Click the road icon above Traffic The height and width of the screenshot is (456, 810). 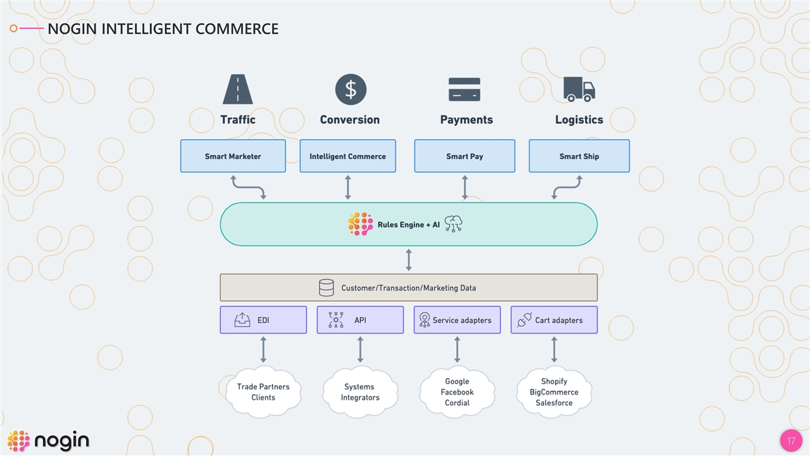[x=238, y=89]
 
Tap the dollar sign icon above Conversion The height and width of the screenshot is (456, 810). [x=351, y=89]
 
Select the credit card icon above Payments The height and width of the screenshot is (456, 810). [x=464, y=89]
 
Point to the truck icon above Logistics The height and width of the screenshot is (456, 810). [x=579, y=89]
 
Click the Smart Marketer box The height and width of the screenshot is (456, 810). [x=233, y=156]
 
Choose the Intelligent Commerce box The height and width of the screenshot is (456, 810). [x=347, y=156]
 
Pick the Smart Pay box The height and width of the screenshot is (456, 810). [x=464, y=156]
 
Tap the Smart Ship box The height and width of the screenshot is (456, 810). [x=579, y=156]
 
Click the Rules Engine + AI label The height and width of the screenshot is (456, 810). [x=408, y=225]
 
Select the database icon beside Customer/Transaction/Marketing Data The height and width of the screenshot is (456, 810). [x=327, y=288]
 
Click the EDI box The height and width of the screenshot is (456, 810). [x=263, y=320]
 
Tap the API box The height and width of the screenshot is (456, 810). [x=360, y=320]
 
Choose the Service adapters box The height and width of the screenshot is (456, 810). [x=457, y=320]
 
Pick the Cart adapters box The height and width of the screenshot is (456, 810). [x=554, y=320]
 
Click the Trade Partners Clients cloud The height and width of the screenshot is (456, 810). [x=263, y=392]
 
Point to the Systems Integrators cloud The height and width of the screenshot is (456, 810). [x=360, y=392]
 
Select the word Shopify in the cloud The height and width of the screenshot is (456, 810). [x=554, y=381]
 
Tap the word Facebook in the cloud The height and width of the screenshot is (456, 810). [x=457, y=392]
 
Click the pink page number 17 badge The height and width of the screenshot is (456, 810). [x=790, y=441]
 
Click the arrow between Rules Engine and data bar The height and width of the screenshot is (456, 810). [x=409, y=260]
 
